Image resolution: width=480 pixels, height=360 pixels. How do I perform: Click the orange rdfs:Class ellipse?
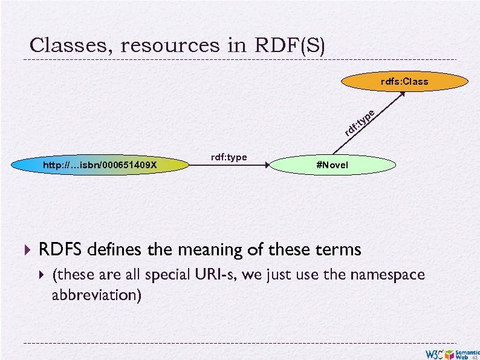404,81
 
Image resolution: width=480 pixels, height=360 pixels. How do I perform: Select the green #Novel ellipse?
332,165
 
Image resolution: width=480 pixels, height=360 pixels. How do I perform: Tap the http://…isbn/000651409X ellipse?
99,165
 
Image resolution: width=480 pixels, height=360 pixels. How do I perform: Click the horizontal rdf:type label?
229,157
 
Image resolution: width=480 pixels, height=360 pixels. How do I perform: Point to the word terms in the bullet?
339,249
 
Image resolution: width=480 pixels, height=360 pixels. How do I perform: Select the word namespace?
387,275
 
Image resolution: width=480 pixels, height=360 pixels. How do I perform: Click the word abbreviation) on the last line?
97,295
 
